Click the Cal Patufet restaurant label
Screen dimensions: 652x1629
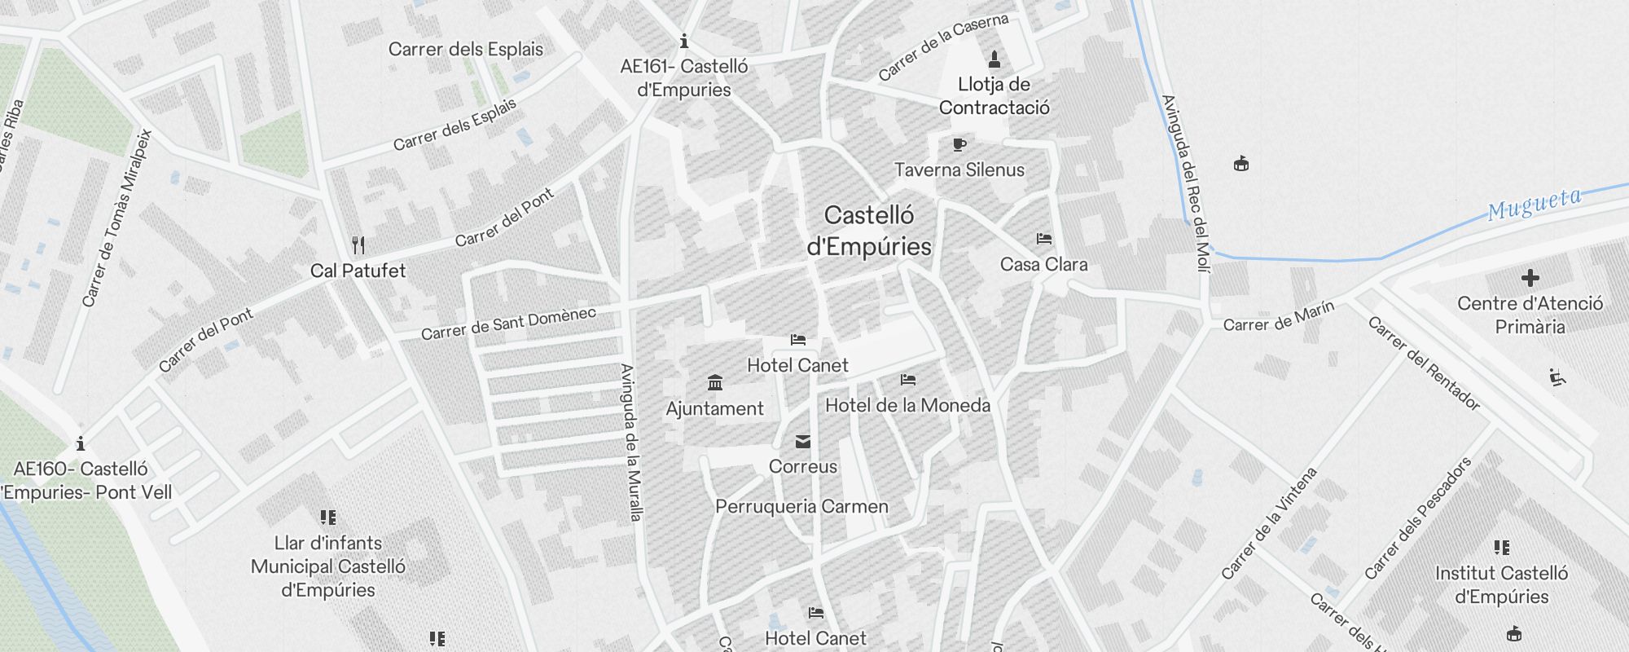coord(358,271)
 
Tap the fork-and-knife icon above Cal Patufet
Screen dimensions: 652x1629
coord(358,244)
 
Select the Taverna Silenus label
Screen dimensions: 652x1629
coord(959,170)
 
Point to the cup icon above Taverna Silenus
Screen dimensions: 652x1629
coord(959,145)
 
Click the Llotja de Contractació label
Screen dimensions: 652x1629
coord(994,96)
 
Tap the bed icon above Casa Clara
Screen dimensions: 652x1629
coord(1043,239)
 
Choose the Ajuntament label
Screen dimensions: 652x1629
coord(714,408)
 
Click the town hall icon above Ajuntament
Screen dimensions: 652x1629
coord(715,382)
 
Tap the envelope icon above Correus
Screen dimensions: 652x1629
coord(803,442)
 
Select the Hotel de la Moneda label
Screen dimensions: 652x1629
coord(907,405)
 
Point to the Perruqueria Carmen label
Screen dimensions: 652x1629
coord(801,506)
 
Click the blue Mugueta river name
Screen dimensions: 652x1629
coord(1534,205)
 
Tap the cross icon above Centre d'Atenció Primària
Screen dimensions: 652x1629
coord(1530,278)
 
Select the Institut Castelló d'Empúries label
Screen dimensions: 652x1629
coord(1501,584)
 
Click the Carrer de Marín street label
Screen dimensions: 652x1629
coord(1278,316)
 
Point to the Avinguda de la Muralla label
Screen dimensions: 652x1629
coord(631,442)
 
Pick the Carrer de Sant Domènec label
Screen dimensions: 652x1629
coord(508,324)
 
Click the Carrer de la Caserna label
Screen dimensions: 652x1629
coord(943,46)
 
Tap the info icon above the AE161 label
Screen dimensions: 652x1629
coord(684,41)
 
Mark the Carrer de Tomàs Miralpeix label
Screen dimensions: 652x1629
coord(117,218)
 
